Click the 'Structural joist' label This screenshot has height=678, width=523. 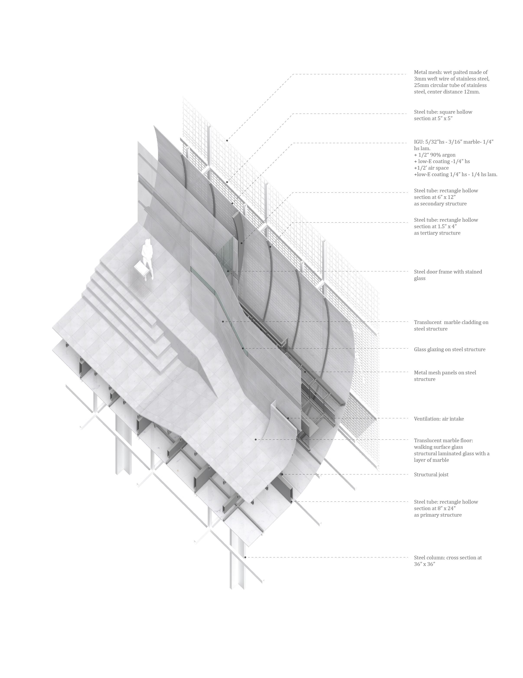[x=431, y=474]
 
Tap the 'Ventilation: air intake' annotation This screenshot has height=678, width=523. [x=439, y=419]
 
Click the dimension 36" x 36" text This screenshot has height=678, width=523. [x=424, y=564]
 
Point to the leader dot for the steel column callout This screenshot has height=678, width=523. [x=245, y=557]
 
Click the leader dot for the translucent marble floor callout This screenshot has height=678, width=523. [x=256, y=439]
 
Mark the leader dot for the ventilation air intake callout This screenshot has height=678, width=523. [x=288, y=418]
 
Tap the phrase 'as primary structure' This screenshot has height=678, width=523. [x=437, y=515]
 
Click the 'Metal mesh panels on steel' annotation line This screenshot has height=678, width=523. [x=445, y=373]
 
